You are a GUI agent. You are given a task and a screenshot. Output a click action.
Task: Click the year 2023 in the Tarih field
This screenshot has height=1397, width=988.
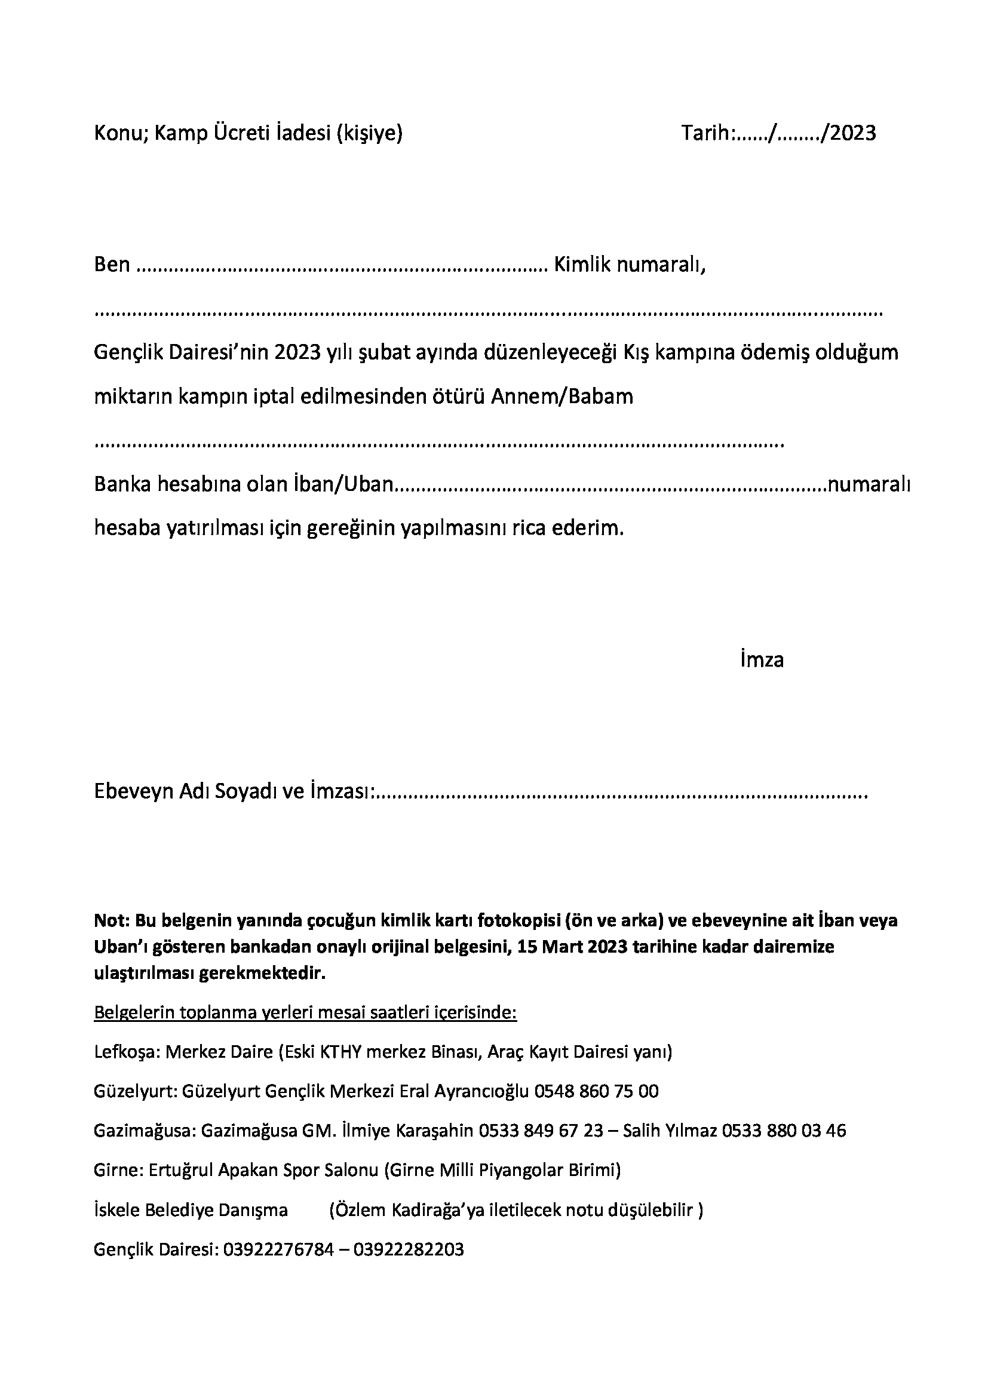pos(853,133)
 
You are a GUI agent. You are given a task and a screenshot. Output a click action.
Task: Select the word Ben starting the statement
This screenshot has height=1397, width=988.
pos(112,265)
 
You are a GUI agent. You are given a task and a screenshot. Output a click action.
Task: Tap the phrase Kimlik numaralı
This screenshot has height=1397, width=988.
pos(629,265)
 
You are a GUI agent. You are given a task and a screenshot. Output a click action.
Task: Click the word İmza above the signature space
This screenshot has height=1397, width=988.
pos(762,660)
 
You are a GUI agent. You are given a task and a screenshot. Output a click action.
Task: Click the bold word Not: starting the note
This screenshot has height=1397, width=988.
pos(111,920)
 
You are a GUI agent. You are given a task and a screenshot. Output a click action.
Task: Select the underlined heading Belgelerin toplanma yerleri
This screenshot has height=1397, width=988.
pos(305,1013)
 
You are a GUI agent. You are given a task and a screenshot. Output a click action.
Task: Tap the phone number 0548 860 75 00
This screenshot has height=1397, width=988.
pos(596,1092)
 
